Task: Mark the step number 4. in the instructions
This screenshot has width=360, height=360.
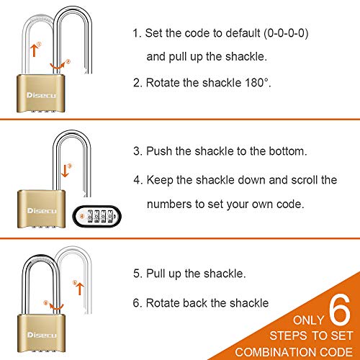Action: (x=138, y=179)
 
